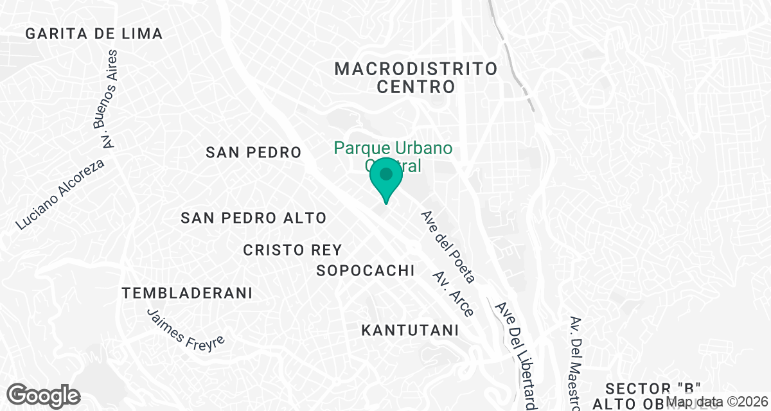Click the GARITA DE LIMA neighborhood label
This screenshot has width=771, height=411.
pos(94,34)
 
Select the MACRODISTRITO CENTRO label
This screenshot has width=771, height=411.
pos(416,77)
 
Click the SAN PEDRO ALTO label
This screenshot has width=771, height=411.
pos(253,218)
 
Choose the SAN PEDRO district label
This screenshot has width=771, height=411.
pos(253,152)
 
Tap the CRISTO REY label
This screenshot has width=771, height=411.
pos(292,250)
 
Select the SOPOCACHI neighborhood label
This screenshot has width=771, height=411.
pos(365,270)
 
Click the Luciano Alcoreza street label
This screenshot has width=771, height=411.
pos(60,195)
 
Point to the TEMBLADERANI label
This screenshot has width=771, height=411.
pos(187,293)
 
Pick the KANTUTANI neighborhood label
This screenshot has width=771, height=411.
pos(410,331)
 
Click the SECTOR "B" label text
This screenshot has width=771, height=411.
pos(653,388)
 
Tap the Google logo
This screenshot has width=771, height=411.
pos(44,394)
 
